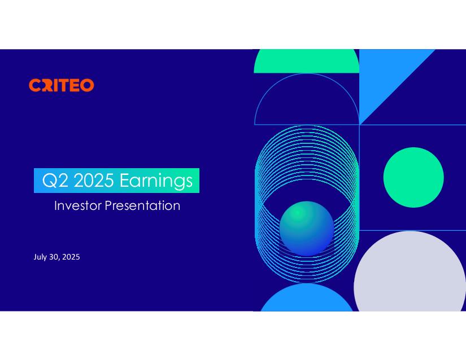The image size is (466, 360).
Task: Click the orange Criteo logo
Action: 62,85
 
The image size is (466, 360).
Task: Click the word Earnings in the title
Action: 156,181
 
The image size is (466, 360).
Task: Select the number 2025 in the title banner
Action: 94,180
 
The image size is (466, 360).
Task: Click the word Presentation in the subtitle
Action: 143,205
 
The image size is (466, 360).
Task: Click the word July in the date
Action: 40,257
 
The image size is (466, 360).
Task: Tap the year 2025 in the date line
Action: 71,257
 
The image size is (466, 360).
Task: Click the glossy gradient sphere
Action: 307,229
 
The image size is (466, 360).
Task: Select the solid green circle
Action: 413,177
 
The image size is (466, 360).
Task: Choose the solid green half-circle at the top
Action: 306,62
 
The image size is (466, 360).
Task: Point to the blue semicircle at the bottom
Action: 307,299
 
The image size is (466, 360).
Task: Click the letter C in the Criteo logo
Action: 34,85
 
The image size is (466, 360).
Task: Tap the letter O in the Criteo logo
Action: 88,85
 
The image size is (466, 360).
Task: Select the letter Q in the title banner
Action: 49,181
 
